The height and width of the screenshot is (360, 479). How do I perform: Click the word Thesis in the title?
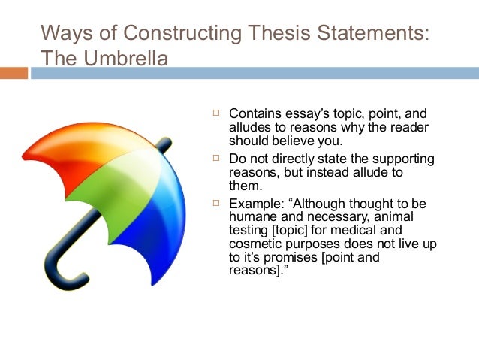pyautogui.click(x=267, y=33)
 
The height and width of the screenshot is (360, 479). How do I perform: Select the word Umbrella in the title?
pyautogui.click(x=132, y=58)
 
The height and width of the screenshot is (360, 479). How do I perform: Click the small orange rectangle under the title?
pyautogui.click(x=14, y=74)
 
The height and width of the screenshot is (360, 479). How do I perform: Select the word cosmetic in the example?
pyautogui.click(x=254, y=244)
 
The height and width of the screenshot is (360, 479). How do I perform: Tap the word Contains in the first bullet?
pyautogui.click(x=253, y=113)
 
